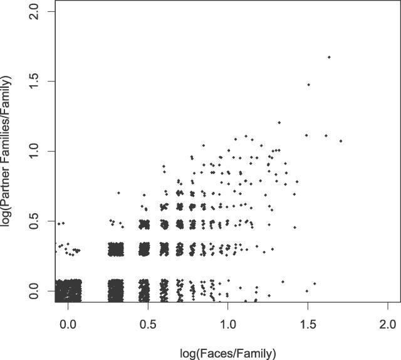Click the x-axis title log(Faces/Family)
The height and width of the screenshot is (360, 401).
click(227, 353)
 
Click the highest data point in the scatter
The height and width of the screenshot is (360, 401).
click(329, 57)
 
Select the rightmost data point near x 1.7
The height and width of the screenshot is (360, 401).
click(341, 141)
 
